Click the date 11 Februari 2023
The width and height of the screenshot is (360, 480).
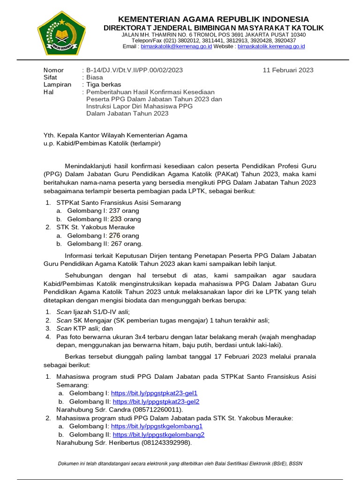pos(288,70)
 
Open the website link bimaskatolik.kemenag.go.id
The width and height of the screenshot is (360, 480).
pos(271,47)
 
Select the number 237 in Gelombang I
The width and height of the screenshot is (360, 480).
pos(114,211)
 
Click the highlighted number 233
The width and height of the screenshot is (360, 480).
pos(116,219)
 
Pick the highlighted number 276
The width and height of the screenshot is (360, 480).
pos(114,236)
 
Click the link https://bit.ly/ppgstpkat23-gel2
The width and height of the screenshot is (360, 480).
pos(156,402)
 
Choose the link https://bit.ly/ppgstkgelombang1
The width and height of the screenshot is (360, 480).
pos(157,426)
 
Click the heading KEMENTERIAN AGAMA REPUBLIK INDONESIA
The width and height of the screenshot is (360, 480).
pos(213,19)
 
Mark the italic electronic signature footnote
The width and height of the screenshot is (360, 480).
pos(180,464)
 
